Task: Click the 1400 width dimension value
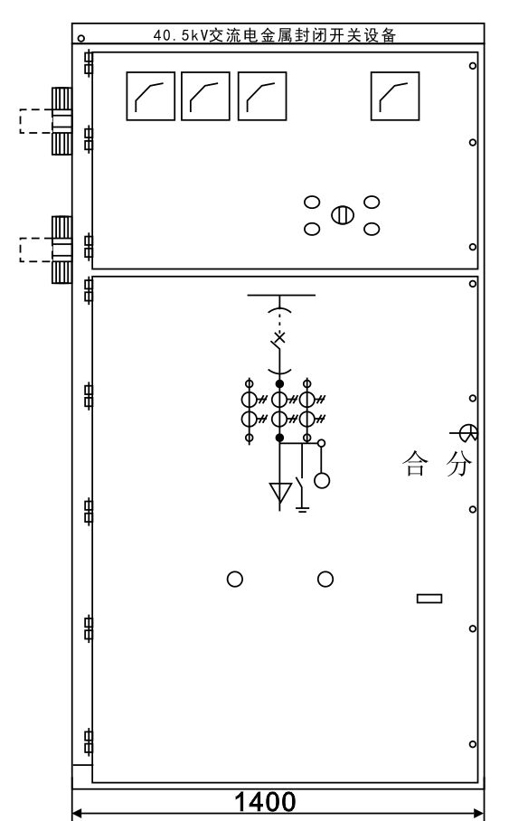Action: coord(265,802)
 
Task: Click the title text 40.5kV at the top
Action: coord(181,35)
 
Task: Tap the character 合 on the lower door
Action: coord(415,464)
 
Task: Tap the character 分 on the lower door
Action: coord(459,464)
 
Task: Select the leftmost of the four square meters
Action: coord(150,97)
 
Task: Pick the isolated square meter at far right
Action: coord(395,97)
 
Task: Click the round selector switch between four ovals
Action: coord(343,215)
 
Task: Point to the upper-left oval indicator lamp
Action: coord(312,203)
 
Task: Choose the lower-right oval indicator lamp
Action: coord(372,229)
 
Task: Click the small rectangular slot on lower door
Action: coord(429,598)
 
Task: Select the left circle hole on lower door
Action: coord(234,579)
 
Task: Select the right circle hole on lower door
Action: coord(325,579)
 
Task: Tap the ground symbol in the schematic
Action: coord(302,508)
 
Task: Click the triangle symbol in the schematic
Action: coord(280,492)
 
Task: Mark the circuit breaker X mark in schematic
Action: coord(280,337)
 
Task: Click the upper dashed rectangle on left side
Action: coord(36,121)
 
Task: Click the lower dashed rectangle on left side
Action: coord(36,250)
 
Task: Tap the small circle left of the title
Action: coord(80,38)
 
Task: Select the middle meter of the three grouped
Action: coord(205,97)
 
